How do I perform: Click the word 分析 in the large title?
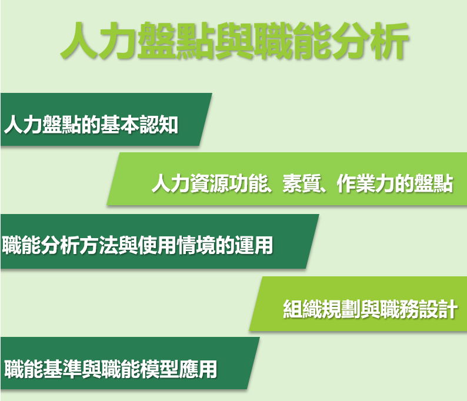pos(369,41)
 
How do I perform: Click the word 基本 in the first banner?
pos(120,125)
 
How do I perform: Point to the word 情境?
pos(196,245)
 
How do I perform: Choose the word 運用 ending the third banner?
pos(253,245)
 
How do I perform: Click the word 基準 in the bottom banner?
pos(62,369)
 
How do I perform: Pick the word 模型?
pos(159,369)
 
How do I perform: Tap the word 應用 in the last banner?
pos(198,369)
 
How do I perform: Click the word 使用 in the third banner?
pos(157,245)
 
